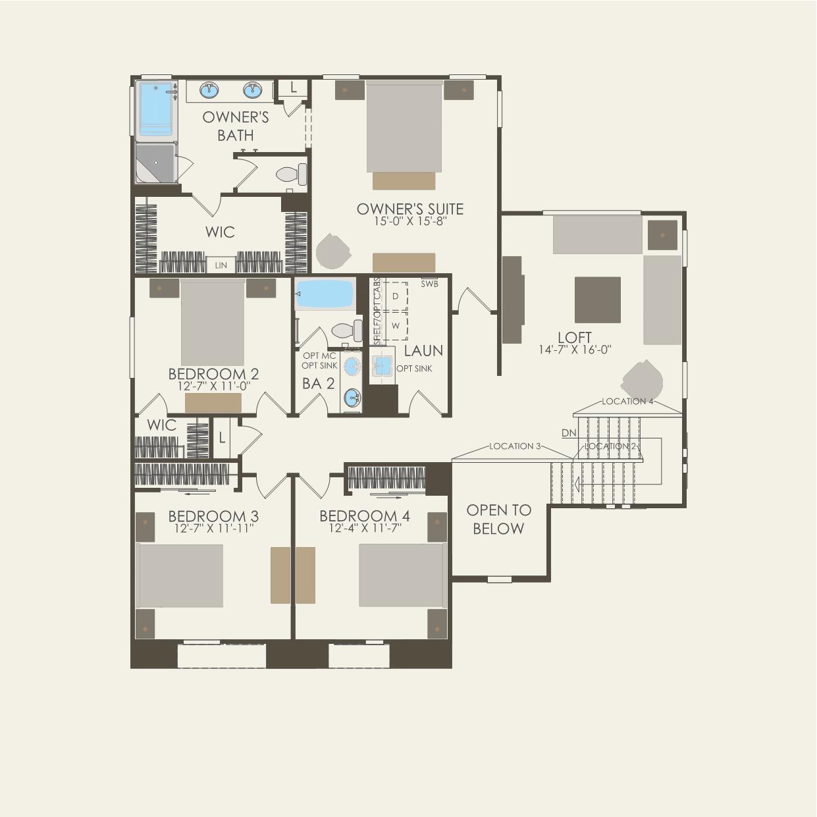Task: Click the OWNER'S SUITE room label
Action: tap(409, 209)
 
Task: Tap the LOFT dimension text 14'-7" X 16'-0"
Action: tap(575, 350)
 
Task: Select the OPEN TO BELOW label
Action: tap(498, 519)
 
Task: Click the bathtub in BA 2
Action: tap(324, 292)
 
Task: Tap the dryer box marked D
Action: tap(396, 296)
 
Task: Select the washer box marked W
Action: tap(396, 325)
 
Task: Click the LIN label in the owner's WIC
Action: tap(220, 265)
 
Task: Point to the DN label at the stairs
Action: tap(569, 433)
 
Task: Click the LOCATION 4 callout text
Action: tap(627, 401)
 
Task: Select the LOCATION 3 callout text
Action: tap(515, 446)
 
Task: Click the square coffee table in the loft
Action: tap(597, 300)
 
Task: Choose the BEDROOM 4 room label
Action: tap(364, 515)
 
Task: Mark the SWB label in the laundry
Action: tap(429, 284)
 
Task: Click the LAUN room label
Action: tap(423, 350)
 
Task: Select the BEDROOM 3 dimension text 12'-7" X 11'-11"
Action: tap(213, 528)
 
